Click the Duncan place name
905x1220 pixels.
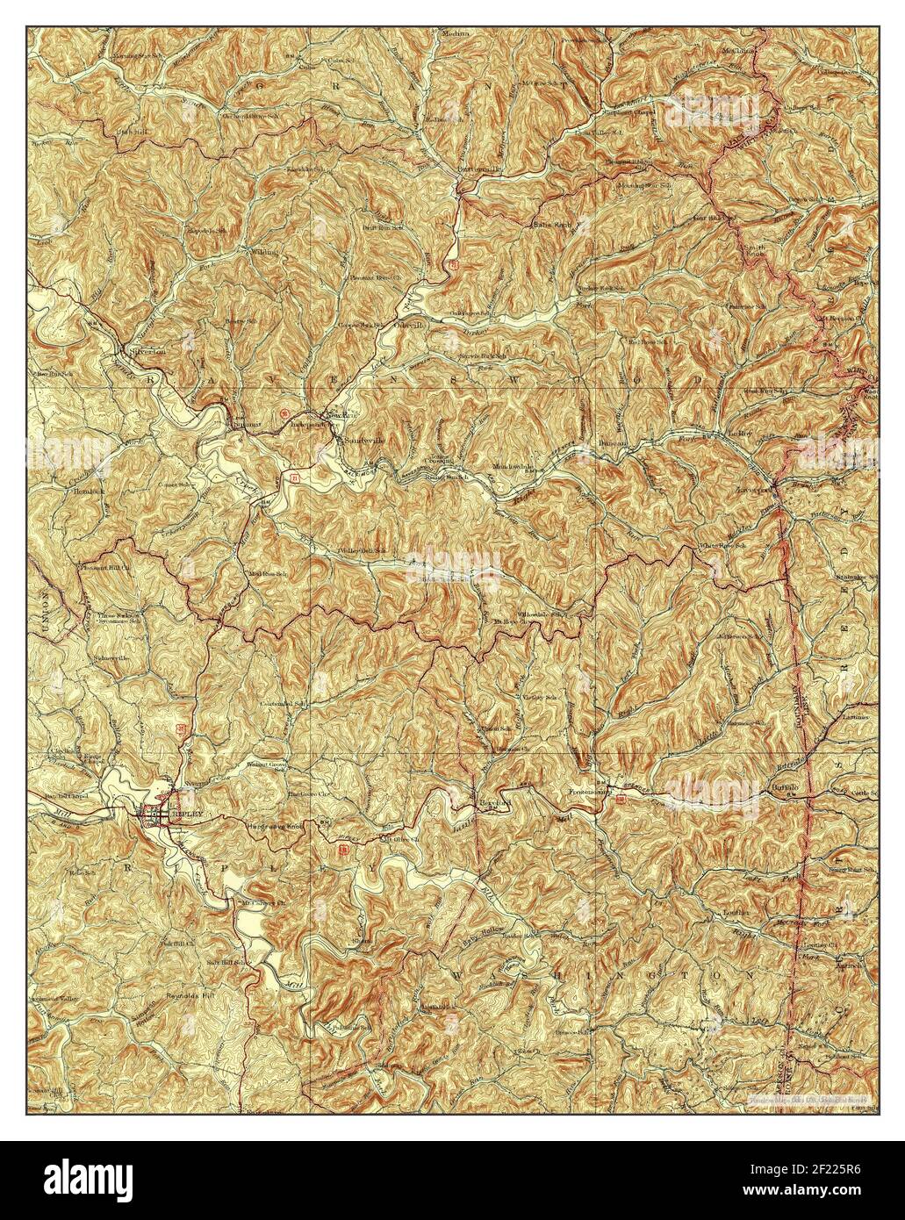pyautogui.click(x=615, y=443)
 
